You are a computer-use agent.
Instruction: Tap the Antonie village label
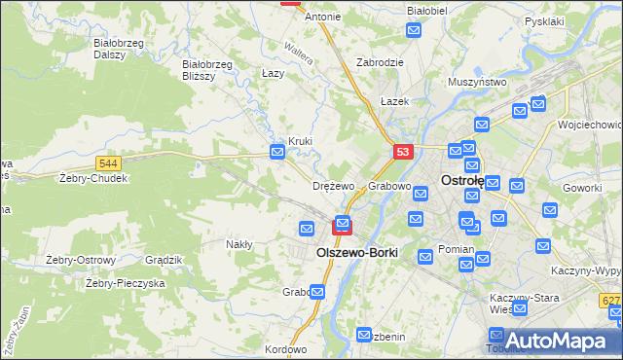click(x=323, y=17)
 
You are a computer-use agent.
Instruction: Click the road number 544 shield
click(x=109, y=164)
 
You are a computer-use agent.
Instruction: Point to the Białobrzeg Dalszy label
click(x=116, y=49)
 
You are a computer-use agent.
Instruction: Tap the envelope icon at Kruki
click(x=277, y=152)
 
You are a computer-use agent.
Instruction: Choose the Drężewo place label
click(x=333, y=185)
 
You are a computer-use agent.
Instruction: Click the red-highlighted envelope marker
click(x=343, y=225)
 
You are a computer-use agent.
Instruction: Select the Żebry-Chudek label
click(x=93, y=179)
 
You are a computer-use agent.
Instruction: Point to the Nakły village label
click(x=238, y=244)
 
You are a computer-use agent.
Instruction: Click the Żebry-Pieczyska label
click(x=126, y=282)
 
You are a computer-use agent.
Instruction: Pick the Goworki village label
click(x=582, y=187)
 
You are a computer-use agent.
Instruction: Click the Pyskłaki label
click(x=544, y=20)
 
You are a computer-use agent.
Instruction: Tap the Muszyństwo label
click(x=477, y=83)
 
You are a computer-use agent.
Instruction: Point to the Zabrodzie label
click(x=380, y=61)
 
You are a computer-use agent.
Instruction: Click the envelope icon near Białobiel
click(x=414, y=32)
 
